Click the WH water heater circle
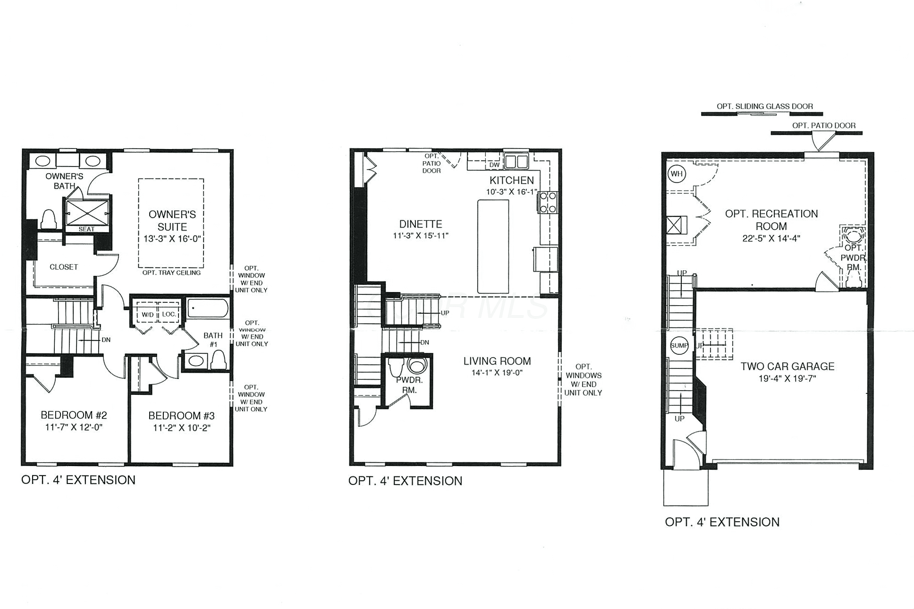point(677,174)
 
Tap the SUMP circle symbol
point(679,346)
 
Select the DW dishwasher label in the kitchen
point(494,165)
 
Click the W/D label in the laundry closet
point(148,314)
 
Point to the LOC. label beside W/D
point(169,314)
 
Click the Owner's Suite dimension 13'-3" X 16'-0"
point(172,239)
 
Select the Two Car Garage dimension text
point(787,378)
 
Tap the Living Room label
point(497,361)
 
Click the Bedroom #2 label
point(74,415)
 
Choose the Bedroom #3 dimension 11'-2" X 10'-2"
point(182,428)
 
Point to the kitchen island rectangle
point(493,247)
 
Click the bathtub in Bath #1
point(208,309)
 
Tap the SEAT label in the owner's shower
point(86,229)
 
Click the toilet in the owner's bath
point(49,219)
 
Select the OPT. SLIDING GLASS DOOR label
point(765,106)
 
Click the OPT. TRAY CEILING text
point(171,273)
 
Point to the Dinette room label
point(421,224)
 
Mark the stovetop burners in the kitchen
point(548,202)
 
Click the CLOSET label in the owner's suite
point(64,267)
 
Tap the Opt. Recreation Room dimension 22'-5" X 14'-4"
point(771,239)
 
